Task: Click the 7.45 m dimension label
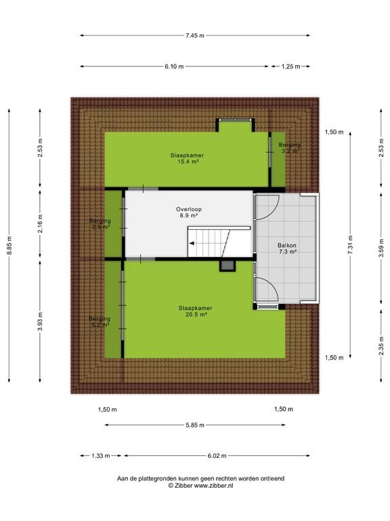195,35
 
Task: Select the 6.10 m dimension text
174,66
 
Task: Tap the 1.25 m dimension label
290,66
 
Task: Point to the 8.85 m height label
9,246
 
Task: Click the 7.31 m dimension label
350,245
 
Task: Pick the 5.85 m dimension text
195,425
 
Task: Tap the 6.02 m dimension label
217,456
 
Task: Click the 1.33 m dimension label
100,456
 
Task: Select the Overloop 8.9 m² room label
188,212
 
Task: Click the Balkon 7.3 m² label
287,248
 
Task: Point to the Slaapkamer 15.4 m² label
187,158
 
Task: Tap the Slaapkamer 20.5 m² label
195,311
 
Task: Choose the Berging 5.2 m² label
100,322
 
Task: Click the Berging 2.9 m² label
100,224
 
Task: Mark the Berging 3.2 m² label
290,147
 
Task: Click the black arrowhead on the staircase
192,244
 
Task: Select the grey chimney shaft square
227,265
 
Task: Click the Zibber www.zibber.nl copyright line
200,486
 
